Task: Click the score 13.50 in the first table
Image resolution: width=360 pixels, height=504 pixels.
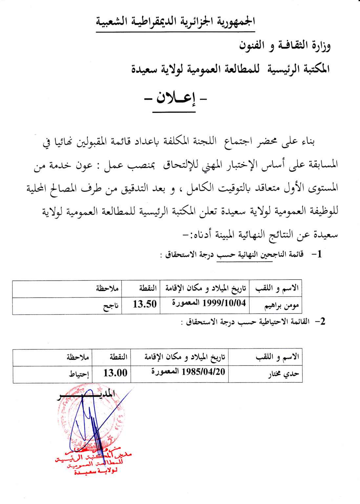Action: (144, 304)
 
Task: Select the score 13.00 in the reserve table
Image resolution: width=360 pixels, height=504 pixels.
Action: (115, 373)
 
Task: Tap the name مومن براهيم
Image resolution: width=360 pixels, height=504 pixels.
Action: (282, 306)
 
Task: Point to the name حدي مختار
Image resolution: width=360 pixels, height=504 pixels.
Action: (283, 374)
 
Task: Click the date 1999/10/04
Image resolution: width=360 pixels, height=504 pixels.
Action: (224, 303)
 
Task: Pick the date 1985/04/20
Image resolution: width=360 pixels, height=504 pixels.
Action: (203, 371)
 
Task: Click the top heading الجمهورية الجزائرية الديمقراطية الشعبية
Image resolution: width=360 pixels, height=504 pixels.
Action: (176, 22)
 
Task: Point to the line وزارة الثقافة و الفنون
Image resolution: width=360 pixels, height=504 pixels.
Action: (285, 45)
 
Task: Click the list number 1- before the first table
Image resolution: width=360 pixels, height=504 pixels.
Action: (316, 254)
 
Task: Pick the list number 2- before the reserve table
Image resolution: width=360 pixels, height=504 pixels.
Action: (320, 322)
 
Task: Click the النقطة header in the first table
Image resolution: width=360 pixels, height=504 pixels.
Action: (147, 288)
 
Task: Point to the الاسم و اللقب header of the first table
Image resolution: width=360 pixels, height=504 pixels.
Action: (277, 288)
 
